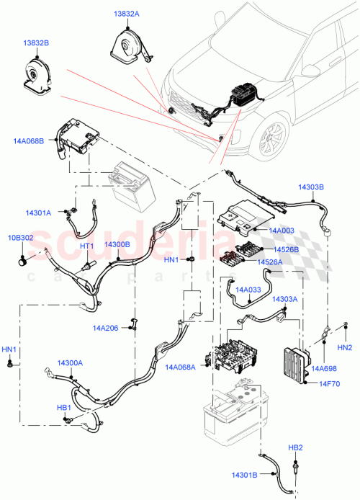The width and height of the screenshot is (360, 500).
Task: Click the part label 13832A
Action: pos(127,14)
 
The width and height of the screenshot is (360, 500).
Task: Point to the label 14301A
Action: pos(38,213)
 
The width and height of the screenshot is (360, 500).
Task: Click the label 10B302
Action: pos(20,238)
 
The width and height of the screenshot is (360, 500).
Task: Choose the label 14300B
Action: pos(117,244)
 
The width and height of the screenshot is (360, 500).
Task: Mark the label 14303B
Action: pos(311,187)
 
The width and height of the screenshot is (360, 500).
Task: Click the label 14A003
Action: pos(281,230)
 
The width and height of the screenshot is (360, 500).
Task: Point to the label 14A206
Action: pos(106,328)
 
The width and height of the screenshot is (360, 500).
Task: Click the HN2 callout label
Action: pos(344,348)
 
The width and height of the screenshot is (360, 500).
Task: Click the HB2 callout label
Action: pos(295,447)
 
